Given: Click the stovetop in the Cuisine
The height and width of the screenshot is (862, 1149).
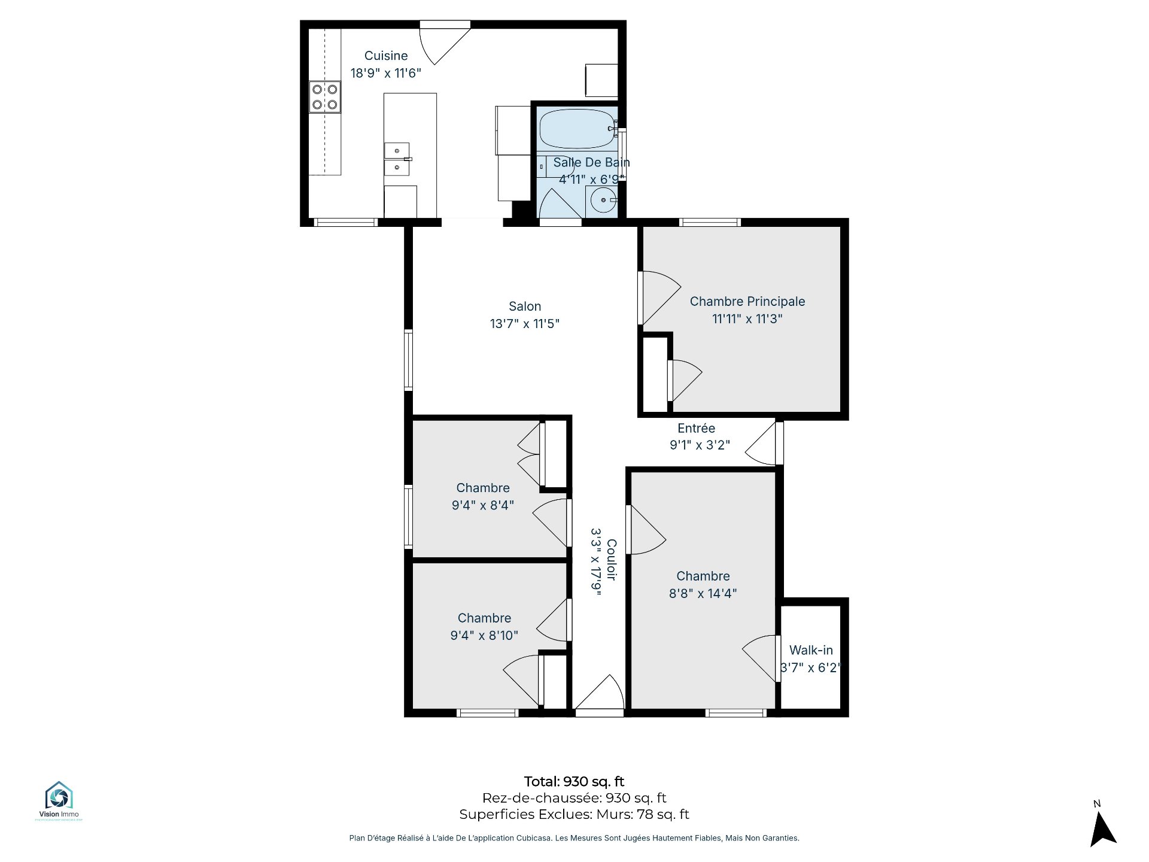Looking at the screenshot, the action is coord(325,97).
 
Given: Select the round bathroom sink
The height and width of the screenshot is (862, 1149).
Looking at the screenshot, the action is coord(603,200).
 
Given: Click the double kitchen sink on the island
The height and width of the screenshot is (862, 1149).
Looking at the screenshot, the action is coord(397,159).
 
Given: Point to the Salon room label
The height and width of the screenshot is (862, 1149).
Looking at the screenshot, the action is coord(525,306).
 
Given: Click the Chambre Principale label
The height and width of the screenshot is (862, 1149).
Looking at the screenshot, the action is coord(747,302).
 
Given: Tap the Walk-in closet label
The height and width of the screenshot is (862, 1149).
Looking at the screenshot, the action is coord(811,650).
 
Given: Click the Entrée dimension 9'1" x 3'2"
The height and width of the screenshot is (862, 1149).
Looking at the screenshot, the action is coord(700,445).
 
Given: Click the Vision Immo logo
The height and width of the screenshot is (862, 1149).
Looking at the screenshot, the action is coord(59,800).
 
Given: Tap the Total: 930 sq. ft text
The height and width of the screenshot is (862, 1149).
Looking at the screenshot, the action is coord(574,781).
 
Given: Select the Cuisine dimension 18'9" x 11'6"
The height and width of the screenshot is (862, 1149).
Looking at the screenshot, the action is coord(386,73).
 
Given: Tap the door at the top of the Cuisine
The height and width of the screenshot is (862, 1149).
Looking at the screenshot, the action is coord(445,43).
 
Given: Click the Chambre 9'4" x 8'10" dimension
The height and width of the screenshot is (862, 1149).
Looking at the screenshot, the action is coord(484,635).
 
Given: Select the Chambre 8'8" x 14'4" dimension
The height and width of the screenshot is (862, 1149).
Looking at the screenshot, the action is coord(703,593).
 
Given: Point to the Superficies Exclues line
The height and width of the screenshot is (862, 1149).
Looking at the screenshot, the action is coord(574,814).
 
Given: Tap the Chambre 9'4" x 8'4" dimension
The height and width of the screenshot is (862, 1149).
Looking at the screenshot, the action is coord(483,505).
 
